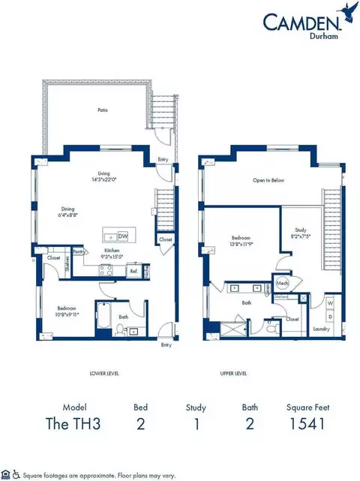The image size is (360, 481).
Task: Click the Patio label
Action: (102, 110)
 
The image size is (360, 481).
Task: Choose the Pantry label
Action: (77, 252)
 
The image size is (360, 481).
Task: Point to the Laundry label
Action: (320, 328)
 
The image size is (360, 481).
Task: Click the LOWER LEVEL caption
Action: (103, 373)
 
